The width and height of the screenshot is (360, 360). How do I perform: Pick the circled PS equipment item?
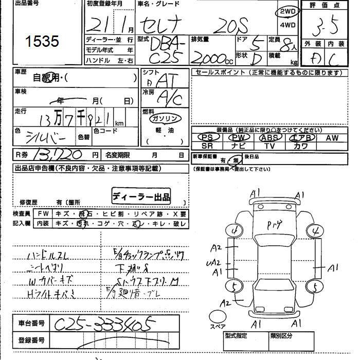[208, 138]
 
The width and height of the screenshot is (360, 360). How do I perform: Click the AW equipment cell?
[331, 138]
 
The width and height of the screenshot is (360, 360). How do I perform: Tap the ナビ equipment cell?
[238, 146]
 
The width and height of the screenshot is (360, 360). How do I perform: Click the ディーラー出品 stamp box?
[141, 196]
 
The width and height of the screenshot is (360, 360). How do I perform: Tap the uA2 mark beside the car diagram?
[215, 262]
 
